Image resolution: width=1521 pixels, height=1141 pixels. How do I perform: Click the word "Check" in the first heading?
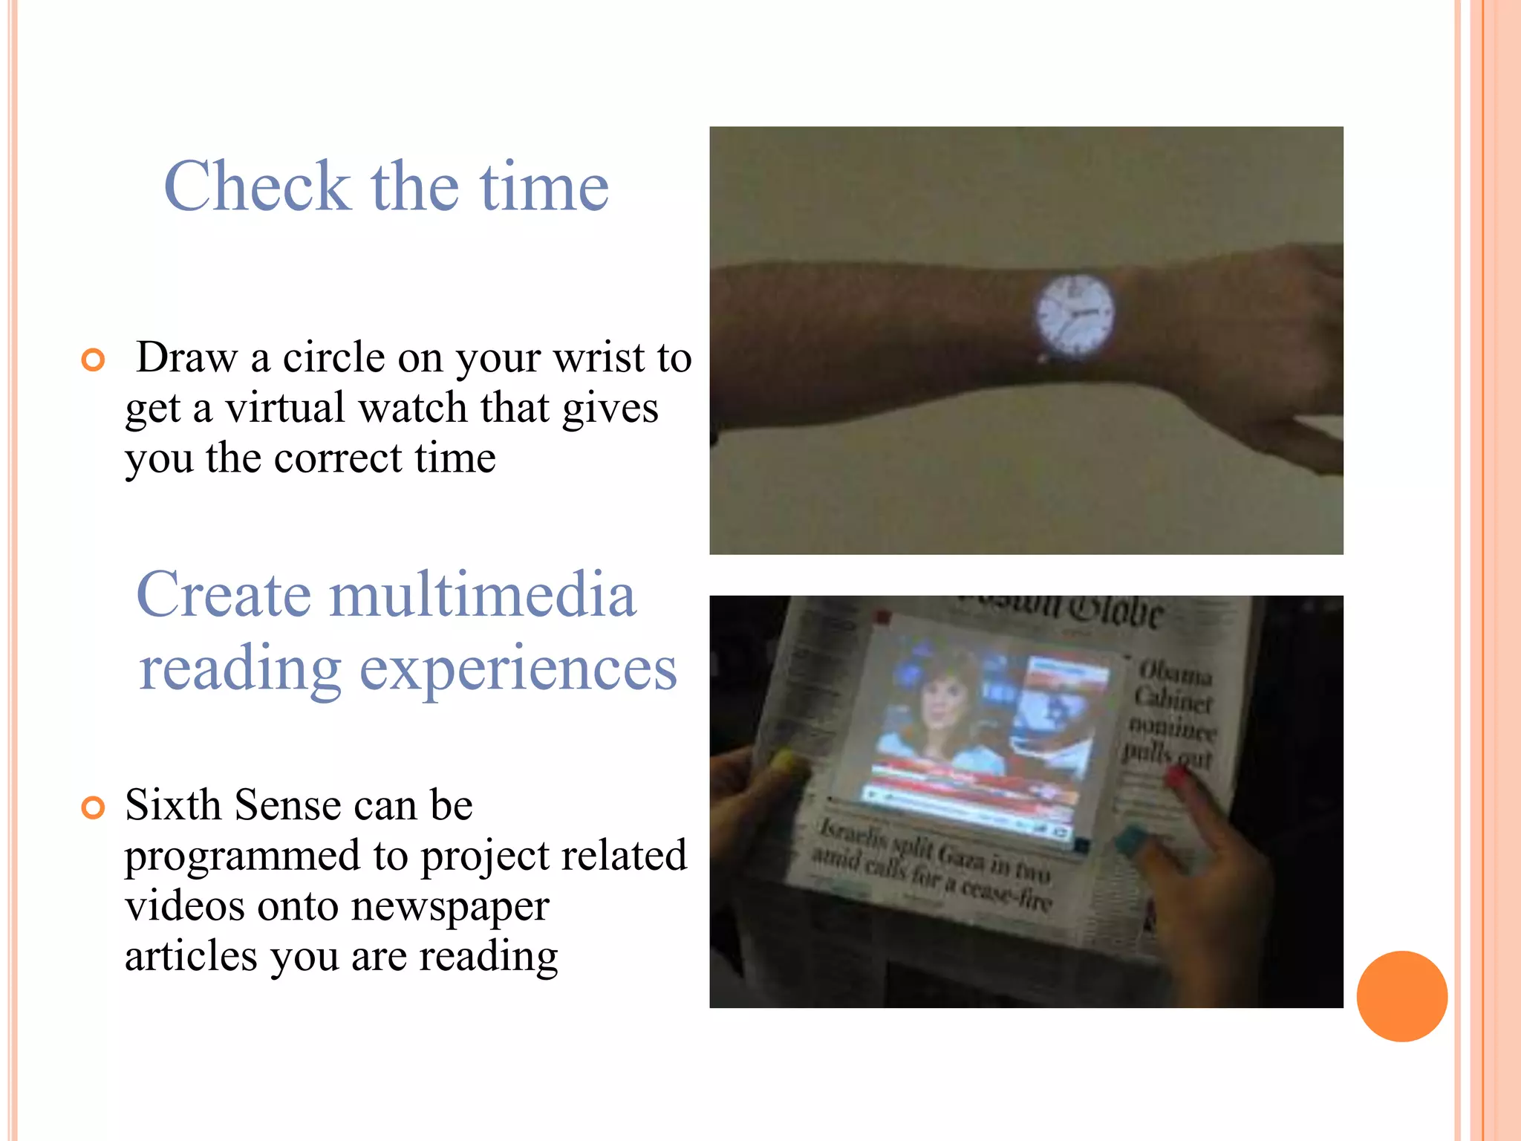coord(257,186)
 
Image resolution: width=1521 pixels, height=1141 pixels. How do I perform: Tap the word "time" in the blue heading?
coord(544,186)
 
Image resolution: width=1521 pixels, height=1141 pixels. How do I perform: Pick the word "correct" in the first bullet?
coord(338,458)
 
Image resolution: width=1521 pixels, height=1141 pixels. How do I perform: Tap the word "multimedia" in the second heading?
coord(483,595)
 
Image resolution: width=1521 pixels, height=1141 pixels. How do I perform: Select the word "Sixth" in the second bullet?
coord(173,805)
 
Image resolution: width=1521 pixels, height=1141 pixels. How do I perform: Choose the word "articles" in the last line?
coord(191,956)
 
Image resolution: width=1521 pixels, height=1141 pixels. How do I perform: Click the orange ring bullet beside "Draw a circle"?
coord(94,360)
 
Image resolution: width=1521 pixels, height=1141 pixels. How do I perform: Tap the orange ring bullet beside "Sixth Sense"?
coord(94,807)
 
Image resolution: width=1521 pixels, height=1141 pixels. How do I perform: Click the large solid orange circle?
coord(1401,996)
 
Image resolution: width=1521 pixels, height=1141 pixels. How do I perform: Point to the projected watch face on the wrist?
coord(1074,314)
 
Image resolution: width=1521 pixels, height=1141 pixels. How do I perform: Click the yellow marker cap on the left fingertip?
coord(784,759)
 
